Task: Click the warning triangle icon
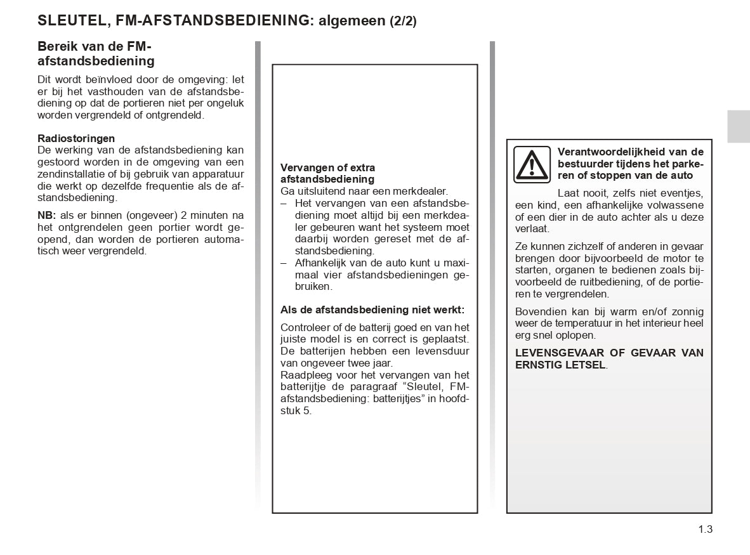click(x=533, y=164)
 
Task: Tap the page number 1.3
click(x=706, y=529)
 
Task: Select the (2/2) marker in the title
click(x=403, y=21)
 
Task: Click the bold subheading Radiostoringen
click(x=76, y=138)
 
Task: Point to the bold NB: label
click(x=47, y=216)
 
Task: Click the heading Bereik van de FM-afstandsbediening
click(x=96, y=54)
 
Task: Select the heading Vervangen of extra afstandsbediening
click(x=327, y=173)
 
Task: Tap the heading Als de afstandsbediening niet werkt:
click(x=372, y=310)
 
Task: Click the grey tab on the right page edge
click(x=739, y=126)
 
